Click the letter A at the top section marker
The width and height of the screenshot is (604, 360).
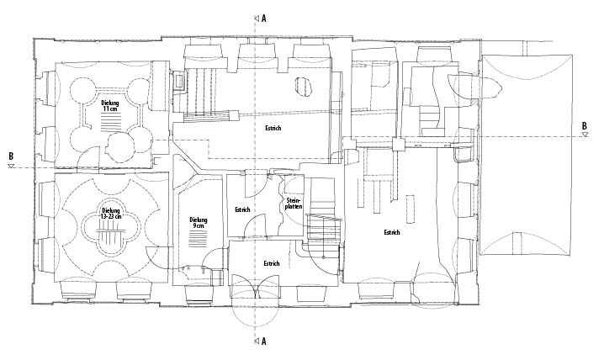coord(263,17)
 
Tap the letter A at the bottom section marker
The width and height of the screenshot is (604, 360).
coord(263,342)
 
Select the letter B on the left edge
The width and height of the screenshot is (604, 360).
coord(11,156)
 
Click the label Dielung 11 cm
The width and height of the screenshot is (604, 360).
coord(110,106)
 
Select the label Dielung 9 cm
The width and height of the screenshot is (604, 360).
coord(198,223)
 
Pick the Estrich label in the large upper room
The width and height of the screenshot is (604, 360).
coord(272,129)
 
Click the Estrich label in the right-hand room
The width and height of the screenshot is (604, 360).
coord(391,232)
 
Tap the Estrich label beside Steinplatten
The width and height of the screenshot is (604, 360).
coord(242,209)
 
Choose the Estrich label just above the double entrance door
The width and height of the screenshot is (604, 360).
coord(271,263)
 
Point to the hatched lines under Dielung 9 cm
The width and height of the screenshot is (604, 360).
coord(198,238)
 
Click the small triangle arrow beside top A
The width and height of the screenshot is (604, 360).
coord(253,17)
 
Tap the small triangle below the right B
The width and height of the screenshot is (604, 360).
coord(584,135)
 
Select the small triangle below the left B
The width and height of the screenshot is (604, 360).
coord(11,166)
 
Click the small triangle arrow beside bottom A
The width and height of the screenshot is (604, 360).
coord(253,342)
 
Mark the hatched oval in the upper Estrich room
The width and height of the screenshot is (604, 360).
coord(303,86)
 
